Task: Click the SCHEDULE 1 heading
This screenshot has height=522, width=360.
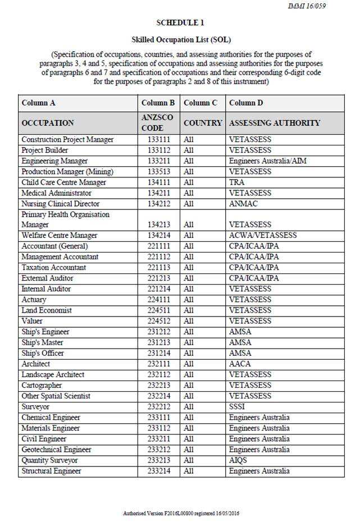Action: (x=180, y=23)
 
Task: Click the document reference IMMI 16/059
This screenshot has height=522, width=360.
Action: (x=307, y=6)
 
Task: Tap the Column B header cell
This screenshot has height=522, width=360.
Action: (x=158, y=103)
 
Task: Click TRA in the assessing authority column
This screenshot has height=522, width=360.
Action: (x=236, y=182)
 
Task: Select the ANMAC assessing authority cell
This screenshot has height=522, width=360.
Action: (x=243, y=204)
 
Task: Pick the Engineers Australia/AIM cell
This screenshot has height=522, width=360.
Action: (x=267, y=161)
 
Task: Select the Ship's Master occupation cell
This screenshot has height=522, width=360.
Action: (x=42, y=342)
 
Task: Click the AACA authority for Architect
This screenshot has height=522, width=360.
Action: (x=240, y=364)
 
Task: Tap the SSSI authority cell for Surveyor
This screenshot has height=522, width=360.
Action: (x=238, y=406)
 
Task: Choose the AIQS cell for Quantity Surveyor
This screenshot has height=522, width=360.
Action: (x=238, y=460)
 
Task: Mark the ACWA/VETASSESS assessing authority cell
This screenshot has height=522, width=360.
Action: (x=263, y=236)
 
